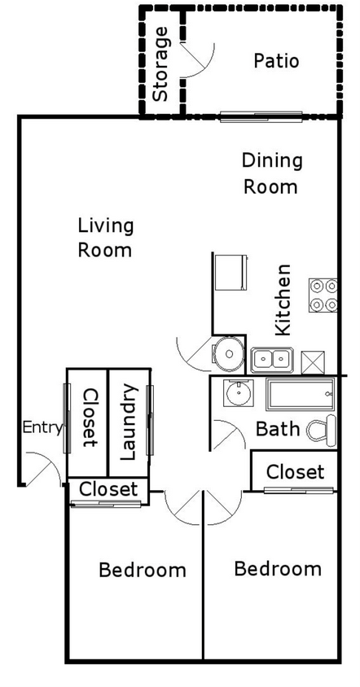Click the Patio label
click(x=276, y=61)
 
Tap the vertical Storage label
click(x=161, y=63)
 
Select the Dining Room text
click(x=272, y=173)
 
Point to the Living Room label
click(x=105, y=237)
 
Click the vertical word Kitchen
click(x=283, y=299)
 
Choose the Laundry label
click(x=129, y=422)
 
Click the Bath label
click(x=279, y=429)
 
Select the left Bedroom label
click(x=142, y=570)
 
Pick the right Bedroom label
click(x=277, y=568)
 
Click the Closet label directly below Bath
click(x=295, y=472)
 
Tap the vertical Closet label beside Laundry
click(x=88, y=418)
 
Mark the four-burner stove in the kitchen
click(x=323, y=295)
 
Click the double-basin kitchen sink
click(x=272, y=358)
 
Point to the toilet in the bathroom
click(x=323, y=429)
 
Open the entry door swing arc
click(x=46, y=471)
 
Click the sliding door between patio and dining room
click(x=261, y=116)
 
